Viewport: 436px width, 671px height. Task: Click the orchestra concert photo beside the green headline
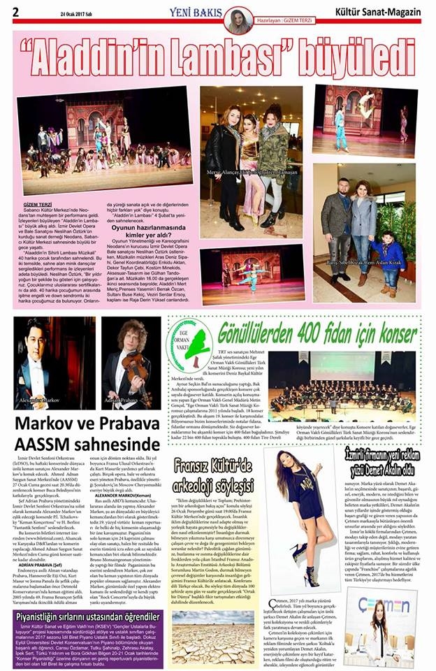click(x=342, y=385)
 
